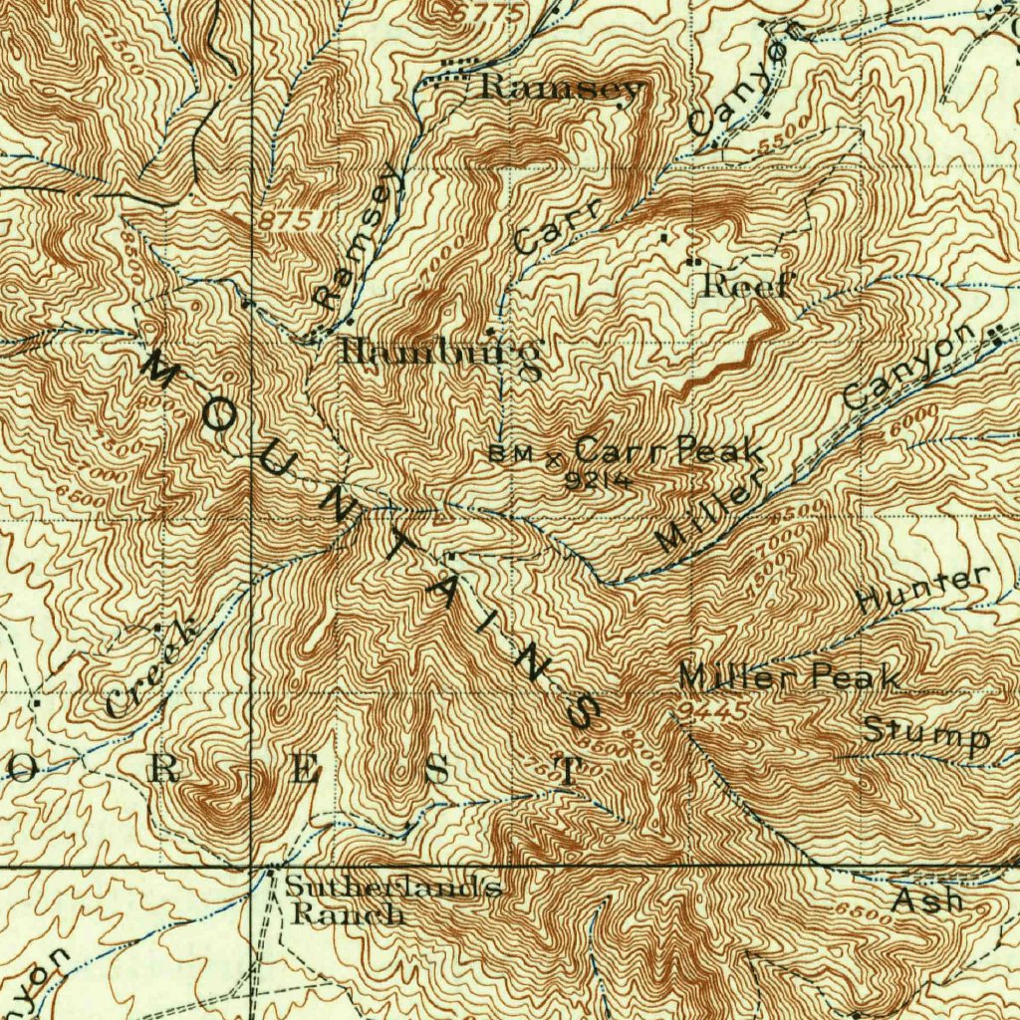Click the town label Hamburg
441,352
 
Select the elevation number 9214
598,480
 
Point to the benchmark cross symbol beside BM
555,458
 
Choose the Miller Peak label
790,677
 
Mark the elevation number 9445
710,709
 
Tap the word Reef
746,287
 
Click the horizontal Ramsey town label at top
561,88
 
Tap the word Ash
927,901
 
